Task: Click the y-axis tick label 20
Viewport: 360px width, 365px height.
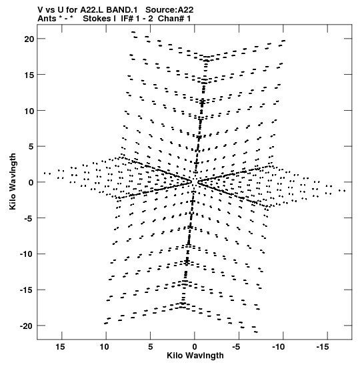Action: pos(29,39)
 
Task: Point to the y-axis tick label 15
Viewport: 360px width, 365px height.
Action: pos(29,75)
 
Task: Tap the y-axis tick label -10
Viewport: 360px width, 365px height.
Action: pos(27,254)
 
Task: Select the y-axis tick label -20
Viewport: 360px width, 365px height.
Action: pos(27,326)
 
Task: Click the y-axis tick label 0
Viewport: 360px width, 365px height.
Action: pos(31,183)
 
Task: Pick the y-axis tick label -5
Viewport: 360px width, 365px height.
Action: pos(29,218)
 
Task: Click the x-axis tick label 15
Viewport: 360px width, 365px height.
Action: pos(60,347)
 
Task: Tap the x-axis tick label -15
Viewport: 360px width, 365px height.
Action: pos(323,347)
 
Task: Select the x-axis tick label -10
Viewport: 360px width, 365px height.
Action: pos(279,347)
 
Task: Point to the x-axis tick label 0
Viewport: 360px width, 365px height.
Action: pos(195,347)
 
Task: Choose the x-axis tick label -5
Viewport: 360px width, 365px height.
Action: pos(237,347)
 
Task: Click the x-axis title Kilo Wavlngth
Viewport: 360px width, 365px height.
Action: pos(195,356)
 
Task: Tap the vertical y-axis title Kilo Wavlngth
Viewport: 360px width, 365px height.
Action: pos(13,181)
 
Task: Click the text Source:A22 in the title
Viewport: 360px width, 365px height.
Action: pos(169,10)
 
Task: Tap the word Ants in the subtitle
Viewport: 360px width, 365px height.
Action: pos(47,19)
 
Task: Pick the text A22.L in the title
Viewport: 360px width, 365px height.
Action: pos(92,10)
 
